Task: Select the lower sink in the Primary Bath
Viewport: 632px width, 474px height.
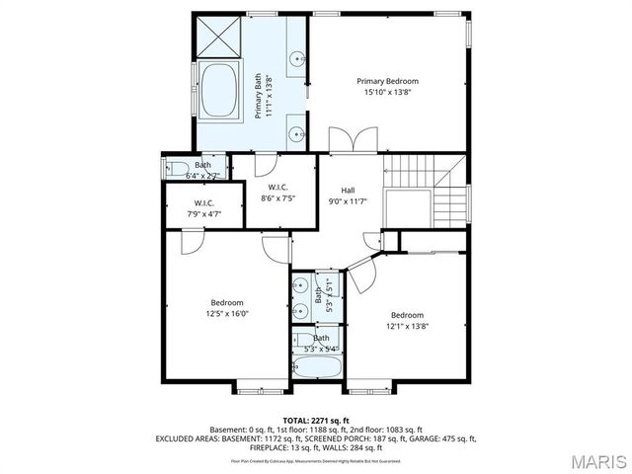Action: tap(295, 130)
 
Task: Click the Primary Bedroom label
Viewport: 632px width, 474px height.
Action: tap(388, 81)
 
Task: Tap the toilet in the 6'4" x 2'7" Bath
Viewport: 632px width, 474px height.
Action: tap(176, 168)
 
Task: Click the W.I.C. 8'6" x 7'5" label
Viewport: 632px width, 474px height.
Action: tap(277, 192)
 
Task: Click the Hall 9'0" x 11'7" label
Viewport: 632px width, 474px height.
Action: tap(349, 196)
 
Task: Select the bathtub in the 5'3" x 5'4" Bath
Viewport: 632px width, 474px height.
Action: tap(317, 368)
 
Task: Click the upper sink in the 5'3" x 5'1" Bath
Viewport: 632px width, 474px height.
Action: tap(300, 287)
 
